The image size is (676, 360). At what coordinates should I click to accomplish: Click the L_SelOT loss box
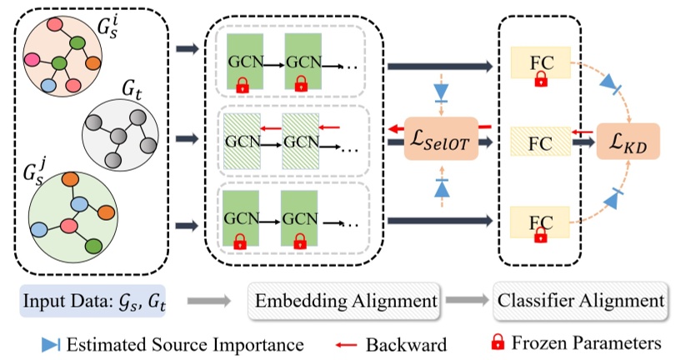tap(437, 142)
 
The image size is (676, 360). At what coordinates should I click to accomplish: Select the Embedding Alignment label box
tap(344, 298)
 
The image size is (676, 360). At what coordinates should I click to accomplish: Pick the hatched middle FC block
tap(540, 142)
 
